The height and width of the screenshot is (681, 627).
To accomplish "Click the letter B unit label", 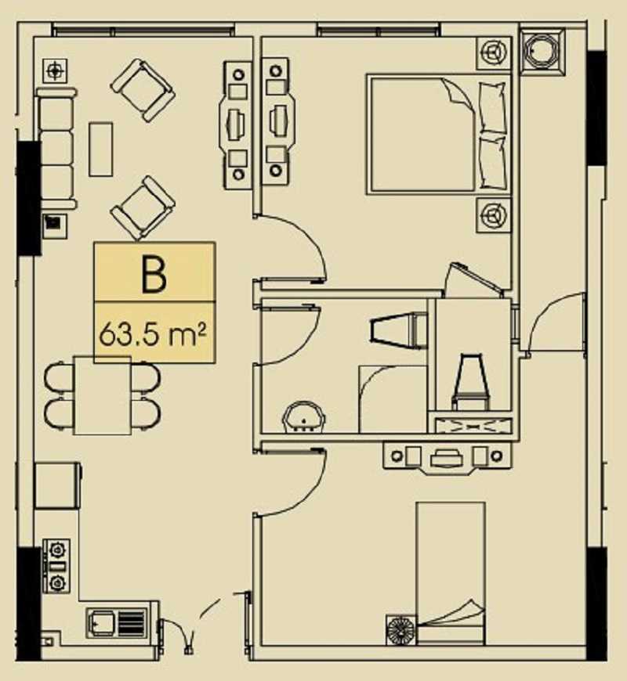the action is tap(154, 275).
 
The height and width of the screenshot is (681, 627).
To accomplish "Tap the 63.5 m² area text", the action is tap(153, 335).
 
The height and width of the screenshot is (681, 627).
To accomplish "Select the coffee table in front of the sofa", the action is tap(101, 149).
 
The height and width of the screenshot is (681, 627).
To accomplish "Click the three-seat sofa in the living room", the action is tap(56, 148).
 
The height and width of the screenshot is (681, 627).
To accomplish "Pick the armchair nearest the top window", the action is tap(143, 91).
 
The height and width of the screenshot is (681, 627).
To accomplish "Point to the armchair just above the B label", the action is tap(143, 207).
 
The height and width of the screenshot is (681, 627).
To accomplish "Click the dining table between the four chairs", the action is tap(103, 395).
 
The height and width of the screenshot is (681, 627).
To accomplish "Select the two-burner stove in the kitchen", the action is tap(57, 567).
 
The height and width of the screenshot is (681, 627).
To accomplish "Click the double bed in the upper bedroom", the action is tap(438, 134).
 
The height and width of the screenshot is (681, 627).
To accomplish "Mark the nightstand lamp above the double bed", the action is tap(493, 53).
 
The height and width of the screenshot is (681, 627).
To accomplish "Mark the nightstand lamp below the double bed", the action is tap(493, 214).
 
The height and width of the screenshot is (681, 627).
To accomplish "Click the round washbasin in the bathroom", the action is tap(303, 417).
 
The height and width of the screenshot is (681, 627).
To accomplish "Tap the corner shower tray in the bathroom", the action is tap(392, 399).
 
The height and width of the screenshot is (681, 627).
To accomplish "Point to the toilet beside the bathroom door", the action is tap(398, 330).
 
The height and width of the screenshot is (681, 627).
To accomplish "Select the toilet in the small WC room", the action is tap(471, 382).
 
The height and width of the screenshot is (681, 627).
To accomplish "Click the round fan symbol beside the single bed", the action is tap(401, 630).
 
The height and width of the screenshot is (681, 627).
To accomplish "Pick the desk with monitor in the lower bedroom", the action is tap(448, 458).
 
